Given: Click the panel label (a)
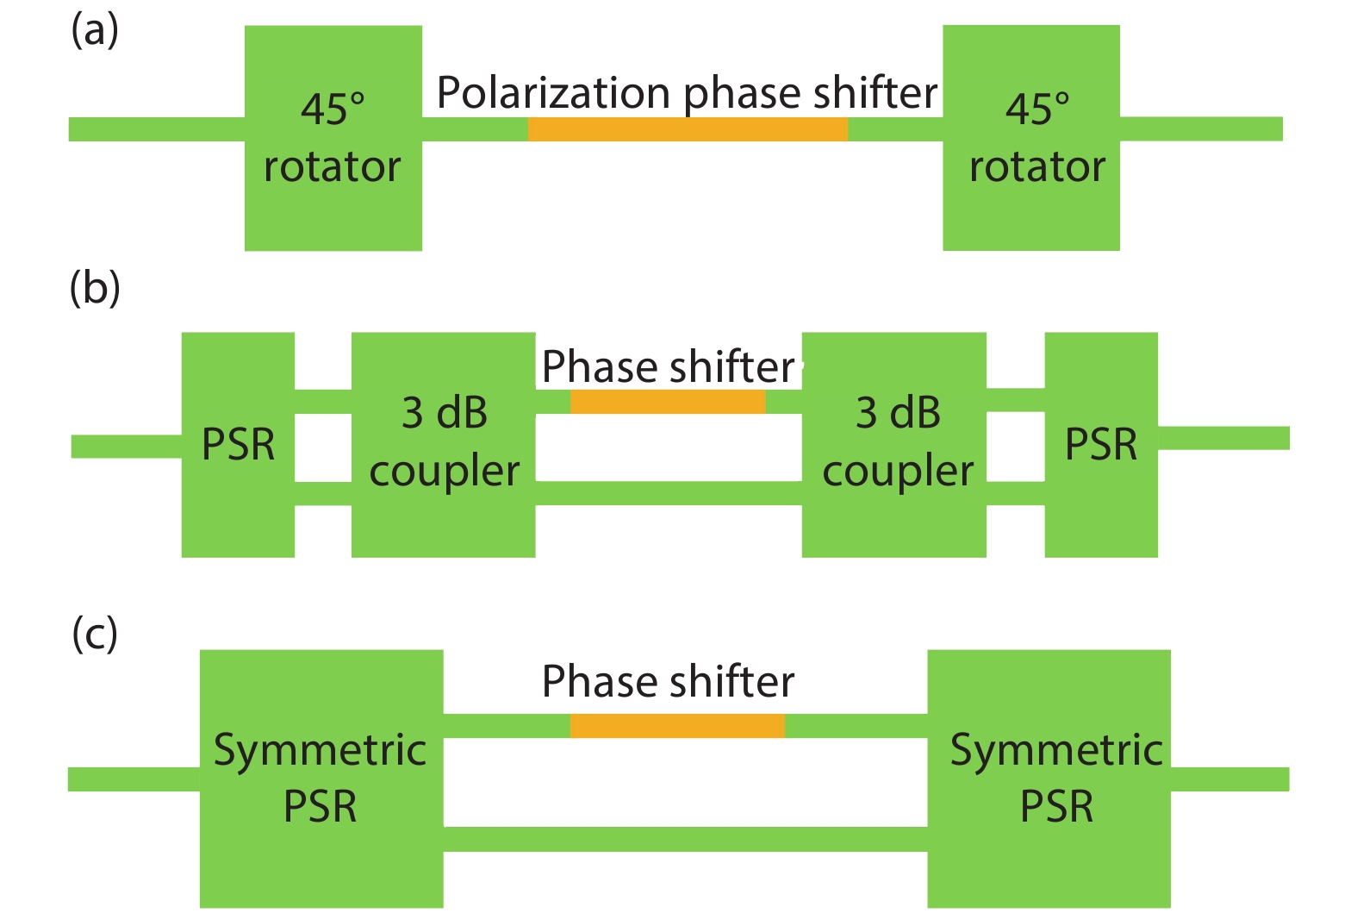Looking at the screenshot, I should pos(95,31).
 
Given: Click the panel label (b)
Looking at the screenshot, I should pos(95,288).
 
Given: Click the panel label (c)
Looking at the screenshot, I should pos(95,635).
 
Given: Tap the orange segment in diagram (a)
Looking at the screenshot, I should pos(688,129).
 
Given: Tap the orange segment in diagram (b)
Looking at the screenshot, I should pos(668,402).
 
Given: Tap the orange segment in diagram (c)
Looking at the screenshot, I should pos(677,726).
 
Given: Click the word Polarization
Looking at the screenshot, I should pos(553,92).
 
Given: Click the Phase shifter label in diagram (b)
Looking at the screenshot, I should pos(668,367).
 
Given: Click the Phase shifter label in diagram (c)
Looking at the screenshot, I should pos(668,682).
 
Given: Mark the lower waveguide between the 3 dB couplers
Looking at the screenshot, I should pos(669,493).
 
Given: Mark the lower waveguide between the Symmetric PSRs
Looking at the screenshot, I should pos(685,839).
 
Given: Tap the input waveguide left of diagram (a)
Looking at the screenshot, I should pos(156,129).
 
